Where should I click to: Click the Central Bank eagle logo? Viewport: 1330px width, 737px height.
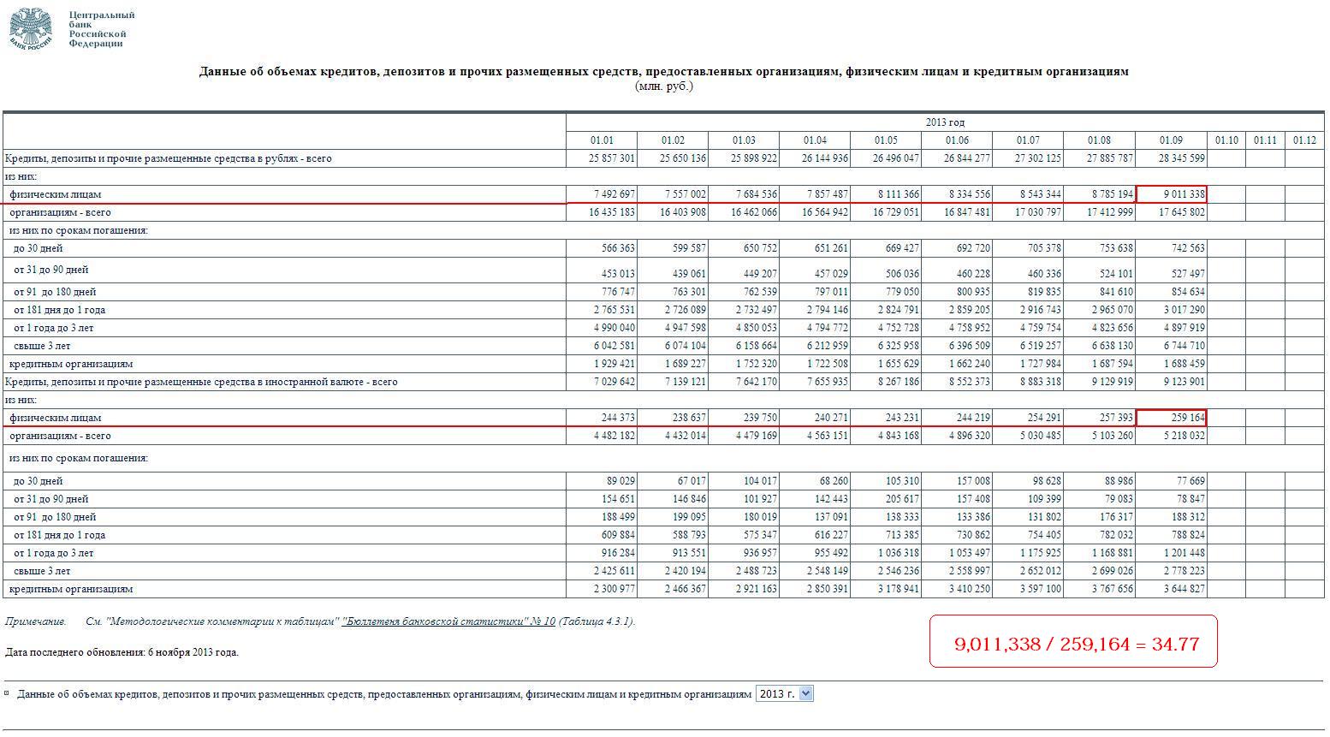30,29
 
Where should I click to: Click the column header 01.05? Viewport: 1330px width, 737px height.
886,140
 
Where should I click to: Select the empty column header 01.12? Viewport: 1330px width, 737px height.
1304,140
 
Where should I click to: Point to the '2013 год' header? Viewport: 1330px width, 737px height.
945,122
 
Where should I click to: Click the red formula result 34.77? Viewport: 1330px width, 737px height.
1175,644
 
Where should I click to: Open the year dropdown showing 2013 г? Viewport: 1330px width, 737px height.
784,694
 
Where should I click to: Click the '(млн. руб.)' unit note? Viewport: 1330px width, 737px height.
663,86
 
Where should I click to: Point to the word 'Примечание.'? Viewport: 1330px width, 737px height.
35,621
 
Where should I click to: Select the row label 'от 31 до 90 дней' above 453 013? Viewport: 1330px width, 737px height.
50,270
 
